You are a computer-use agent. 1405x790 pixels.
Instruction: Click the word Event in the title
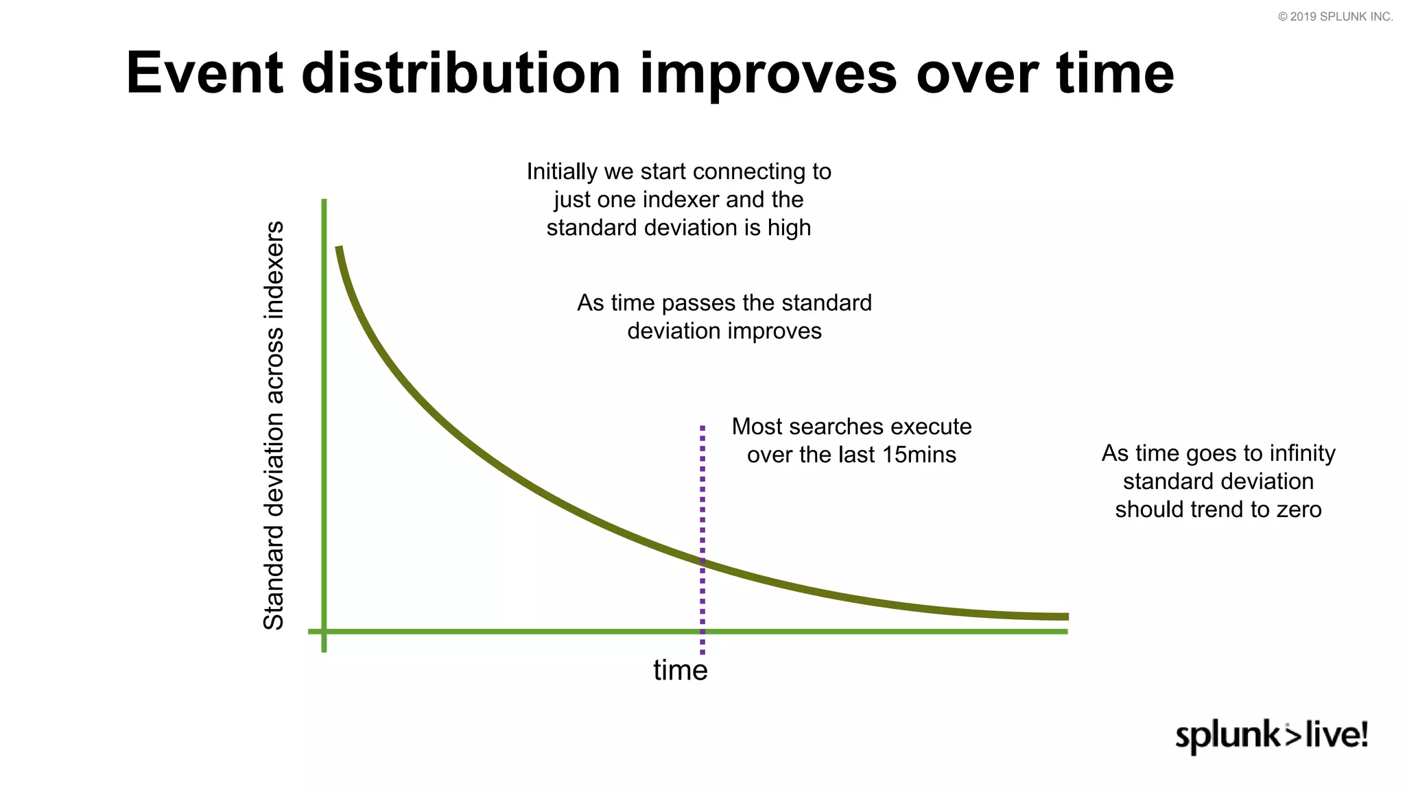tap(204, 73)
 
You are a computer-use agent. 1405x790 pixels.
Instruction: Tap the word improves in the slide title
tap(768, 73)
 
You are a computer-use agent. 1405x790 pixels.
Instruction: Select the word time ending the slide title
tap(1115, 73)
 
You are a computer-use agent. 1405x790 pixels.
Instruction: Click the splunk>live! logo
tap(1271, 736)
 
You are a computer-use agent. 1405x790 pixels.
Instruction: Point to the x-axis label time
tap(680, 670)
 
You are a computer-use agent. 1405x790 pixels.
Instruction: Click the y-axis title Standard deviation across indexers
tap(274, 425)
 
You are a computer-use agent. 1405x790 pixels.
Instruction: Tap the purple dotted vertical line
tap(702, 494)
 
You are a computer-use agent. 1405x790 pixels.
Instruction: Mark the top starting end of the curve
tap(338, 249)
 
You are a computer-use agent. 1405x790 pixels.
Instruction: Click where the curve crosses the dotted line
tap(702, 562)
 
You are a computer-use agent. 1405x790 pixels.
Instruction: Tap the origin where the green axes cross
tap(324, 631)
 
